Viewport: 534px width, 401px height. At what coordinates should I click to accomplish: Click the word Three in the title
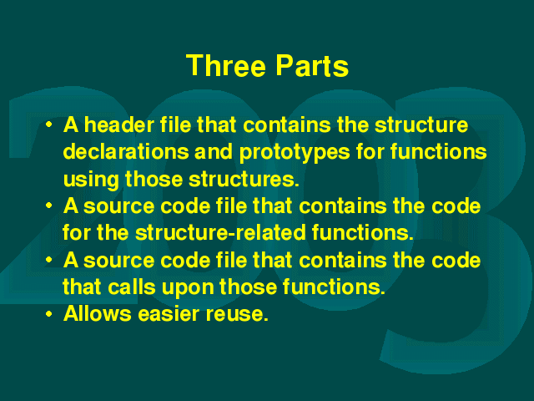[226, 65]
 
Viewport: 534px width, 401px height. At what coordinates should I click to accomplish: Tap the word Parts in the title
[312, 65]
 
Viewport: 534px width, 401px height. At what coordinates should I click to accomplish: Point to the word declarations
[126, 151]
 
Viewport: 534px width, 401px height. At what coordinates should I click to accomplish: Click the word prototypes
[295, 153]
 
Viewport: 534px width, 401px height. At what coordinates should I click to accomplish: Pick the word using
[91, 180]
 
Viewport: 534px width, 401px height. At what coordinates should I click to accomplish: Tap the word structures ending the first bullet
[244, 179]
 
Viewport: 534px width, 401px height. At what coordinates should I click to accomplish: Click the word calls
[132, 287]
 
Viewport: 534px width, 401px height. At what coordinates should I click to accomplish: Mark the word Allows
[98, 313]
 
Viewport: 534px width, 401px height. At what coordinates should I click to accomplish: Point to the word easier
[169, 313]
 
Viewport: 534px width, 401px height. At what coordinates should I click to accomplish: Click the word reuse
[237, 314]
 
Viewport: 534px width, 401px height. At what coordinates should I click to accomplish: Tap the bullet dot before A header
[49, 124]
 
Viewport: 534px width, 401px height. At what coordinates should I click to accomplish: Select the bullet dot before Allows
[49, 313]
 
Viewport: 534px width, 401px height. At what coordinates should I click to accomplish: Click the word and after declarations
[214, 151]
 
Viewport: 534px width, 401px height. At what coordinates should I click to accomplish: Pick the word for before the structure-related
[77, 232]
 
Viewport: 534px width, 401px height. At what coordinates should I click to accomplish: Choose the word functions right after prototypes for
[439, 151]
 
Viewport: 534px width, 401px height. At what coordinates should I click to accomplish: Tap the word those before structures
[154, 179]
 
